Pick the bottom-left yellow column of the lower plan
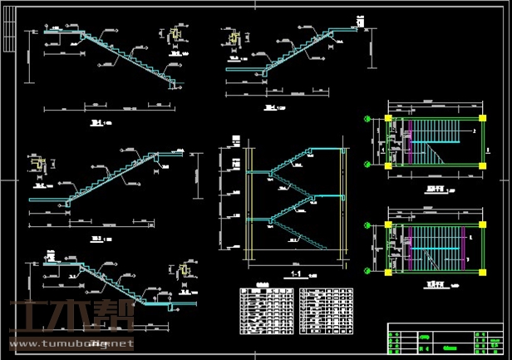[x=387, y=269]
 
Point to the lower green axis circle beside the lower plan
[x=368, y=269]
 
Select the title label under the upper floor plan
[x=435, y=190]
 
